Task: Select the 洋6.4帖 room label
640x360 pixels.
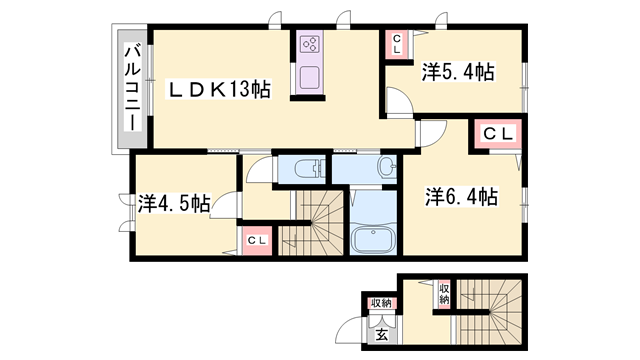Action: (461, 197)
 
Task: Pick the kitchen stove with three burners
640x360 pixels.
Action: (308, 44)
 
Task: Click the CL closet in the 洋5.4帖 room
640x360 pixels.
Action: (396, 43)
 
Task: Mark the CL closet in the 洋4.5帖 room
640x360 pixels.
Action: (256, 240)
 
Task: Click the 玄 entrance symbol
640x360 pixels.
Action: (381, 334)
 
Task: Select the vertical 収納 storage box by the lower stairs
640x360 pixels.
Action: (442, 293)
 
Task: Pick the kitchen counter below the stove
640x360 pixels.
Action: (308, 76)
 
